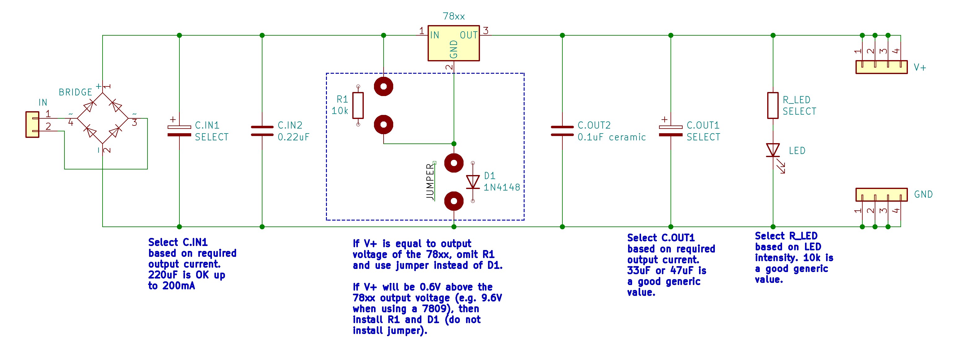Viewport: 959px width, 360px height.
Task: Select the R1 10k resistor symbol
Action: [358, 105]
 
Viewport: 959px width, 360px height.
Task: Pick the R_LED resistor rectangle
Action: [773, 105]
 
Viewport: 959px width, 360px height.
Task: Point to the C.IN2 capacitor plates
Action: [262, 131]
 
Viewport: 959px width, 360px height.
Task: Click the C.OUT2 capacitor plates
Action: [562, 131]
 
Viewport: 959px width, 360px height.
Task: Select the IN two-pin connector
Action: [33, 124]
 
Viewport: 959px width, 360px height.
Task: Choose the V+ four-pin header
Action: [881, 67]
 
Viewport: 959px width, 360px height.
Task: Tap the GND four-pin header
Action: [881, 194]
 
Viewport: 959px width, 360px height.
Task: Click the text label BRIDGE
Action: [75, 92]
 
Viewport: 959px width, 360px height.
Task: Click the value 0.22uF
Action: [293, 137]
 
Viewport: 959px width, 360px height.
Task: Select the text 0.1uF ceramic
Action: [611, 137]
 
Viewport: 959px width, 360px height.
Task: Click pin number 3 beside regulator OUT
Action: [486, 31]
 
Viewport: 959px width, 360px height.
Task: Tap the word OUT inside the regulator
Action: [468, 35]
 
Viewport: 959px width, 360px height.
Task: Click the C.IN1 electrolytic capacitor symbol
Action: [179, 131]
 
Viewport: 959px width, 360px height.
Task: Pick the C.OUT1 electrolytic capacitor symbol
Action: [671, 131]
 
